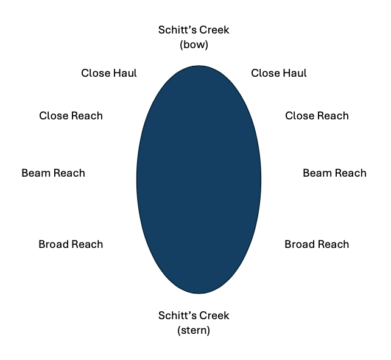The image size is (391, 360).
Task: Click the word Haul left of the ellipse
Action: (x=124, y=73)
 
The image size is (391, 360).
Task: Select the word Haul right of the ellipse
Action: (x=294, y=73)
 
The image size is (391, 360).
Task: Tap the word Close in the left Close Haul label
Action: (x=96, y=73)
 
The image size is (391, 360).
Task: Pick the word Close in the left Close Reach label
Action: (x=54, y=116)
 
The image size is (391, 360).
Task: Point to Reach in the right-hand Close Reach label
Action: (x=333, y=116)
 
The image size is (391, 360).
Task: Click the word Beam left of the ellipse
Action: (x=35, y=173)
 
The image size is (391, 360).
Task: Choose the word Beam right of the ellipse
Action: (x=317, y=173)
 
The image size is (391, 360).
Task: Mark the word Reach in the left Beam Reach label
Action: (x=69, y=173)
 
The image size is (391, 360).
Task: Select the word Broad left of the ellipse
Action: (x=54, y=244)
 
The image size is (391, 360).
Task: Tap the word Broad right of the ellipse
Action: (x=300, y=244)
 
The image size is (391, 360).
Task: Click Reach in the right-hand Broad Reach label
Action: (x=333, y=244)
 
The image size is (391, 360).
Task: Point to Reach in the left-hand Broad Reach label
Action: (x=87, y=244)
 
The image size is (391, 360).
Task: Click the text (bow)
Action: (x=194, y=44)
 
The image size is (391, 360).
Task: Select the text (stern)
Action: (x=194, y=331)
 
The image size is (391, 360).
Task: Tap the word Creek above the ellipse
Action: (x=215, y=30)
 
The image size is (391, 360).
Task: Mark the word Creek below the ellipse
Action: (x=215, y=316)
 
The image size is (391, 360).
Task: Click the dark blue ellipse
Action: (x=199, y=180)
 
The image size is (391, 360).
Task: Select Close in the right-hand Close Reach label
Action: (x=300, y=116)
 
